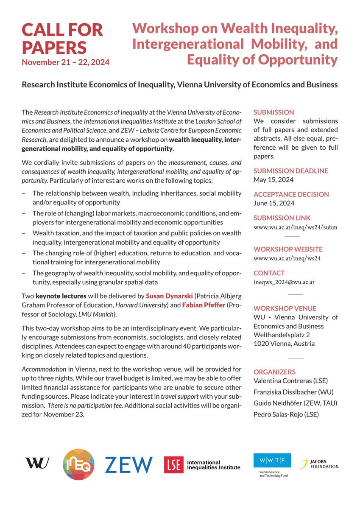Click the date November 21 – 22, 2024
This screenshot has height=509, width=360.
(x=66, y=62)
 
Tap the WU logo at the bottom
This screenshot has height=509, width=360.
(x=37, y=463)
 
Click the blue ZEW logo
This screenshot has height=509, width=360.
(x=128, y=464)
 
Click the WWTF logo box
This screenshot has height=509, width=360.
(x=272, y=461)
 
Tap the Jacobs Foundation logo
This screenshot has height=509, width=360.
(x=319, y=464)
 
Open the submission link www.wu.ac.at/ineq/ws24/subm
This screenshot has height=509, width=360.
(x=295, y=227)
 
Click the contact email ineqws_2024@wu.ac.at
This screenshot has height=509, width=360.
(x=284, y=282)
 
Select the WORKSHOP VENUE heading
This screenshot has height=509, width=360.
(x=285, y=308)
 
